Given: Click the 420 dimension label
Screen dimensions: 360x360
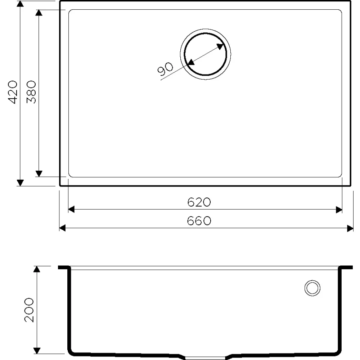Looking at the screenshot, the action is pyautogui.click(x=13, y=92).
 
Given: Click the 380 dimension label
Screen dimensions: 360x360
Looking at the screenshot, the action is pyautogui.click(x=31, y=92).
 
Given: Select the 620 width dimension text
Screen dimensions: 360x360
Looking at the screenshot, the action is pyautogui.click(x=199, y=202).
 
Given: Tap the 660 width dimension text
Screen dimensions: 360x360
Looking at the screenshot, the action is pyautogui.click(x=199, y=221).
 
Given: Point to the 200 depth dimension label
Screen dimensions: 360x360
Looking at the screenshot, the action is pyautogui.click(x=29, y=310).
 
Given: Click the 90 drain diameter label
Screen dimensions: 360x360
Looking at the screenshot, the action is pyautogui.click(x=165, y=69).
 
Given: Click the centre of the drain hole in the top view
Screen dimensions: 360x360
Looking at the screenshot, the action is pyautogui.click(x=206, y=54).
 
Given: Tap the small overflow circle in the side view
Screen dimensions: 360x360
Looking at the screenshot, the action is pyautogui.click(x=312, y=288).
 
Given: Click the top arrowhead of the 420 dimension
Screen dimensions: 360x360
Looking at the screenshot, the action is pyautogui.click(x=20, y=4).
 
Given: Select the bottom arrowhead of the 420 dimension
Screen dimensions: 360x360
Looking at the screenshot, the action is pyautogui.click(x=20, y=183).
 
